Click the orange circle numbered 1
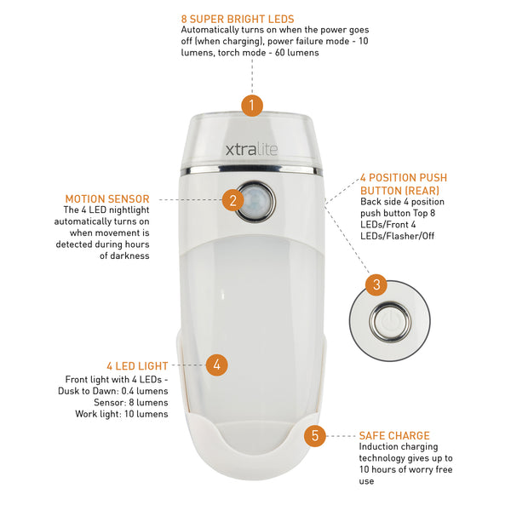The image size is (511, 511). (251, 106)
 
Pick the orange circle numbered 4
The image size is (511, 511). (217, 365)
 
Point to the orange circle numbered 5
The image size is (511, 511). (315, 435)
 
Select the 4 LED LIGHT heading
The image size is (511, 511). (138, 365)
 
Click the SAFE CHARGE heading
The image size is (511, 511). (394, 434)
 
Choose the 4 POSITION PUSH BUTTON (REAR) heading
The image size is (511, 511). (403, 183)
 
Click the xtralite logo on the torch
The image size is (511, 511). (251, 150)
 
